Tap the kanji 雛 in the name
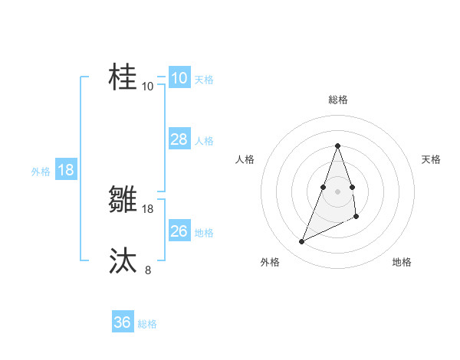pyautogui.click(x=124, y=200)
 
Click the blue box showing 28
pyautogui.click(x=179, y=139)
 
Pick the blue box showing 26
pyautogui.click(x=179, y=231)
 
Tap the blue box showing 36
pyautogui.click(x=123, y=322)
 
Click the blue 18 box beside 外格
pyautogui.click(x=66, y=170)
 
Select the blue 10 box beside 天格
pyautogui.click(x=179, y=78)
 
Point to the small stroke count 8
pyautogui.click(x=148, y=270)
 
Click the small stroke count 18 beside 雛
pyautogui.click(x=148, y=208)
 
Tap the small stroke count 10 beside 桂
pyautogui.click(x=148, y=86)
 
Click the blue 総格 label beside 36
pyautogui.click(x=147, y=324)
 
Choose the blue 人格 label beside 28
pyautogui.click(x=204, y=141)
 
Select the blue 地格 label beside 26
pyautogui.click(x=204, y=233)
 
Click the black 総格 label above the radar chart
pyautogui.click(x=338, y=100)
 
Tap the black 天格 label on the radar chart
pyautogui.click(x=431, y=159)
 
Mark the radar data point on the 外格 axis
pyautogui.click(x=301, y=242)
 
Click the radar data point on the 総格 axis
pyautogui.click(x=338, y=146)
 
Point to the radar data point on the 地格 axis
pyautogui.click(x=356, y=216)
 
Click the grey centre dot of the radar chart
pyautogui.click(x=338, y=191)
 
